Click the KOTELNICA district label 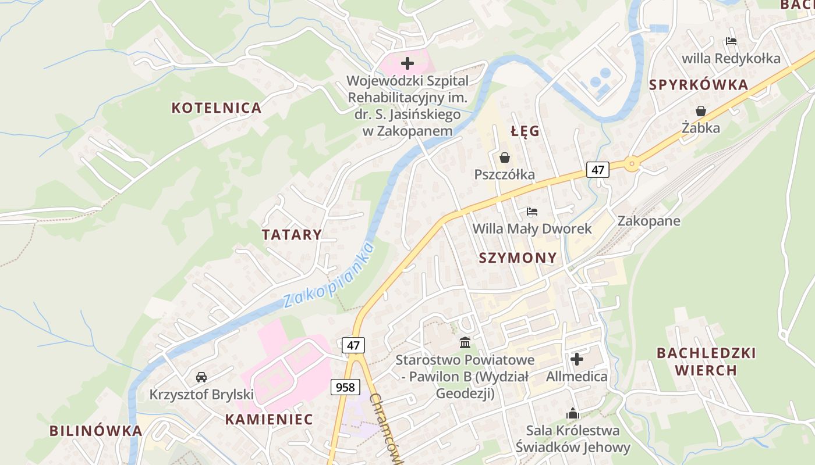[x=216, y=108]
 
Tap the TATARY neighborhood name [x=291, y=235]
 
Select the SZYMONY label [x=518, y=258]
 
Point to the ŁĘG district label [x=525, y=131]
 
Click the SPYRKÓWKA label [x=698, y=85]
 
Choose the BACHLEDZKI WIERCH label [x=706, y=362]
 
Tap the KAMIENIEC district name [x=269, y=419]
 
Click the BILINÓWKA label [x=95, y=431]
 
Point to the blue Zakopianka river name [x=329, y=276]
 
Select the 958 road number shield [x=345, y=387]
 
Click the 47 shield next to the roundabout [x=597, y=170]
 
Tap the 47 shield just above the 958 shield [x=353, y=345]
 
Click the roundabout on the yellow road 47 [x=632, y=164]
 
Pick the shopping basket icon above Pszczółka [x=504, y=158]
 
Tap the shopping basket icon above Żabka [x=701, y=111]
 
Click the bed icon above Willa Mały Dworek [x=531, y=212]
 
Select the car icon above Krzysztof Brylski [x=201, y=377]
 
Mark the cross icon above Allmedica [x=577, y=359]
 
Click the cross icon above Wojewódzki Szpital [x=407, y=63]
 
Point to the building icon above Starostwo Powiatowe [x=465, y=342]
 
